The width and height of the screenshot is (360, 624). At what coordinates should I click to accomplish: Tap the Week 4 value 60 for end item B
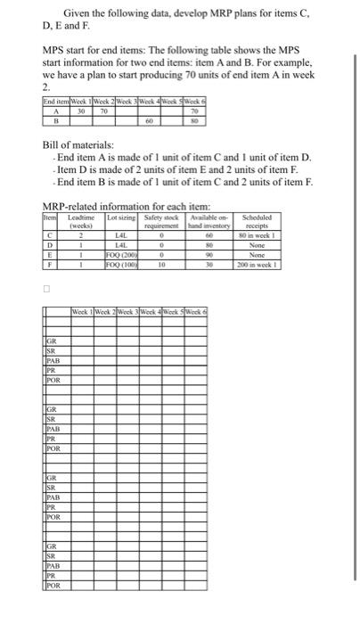pos(150,119)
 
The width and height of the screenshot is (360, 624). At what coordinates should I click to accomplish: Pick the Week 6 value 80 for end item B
pos(194,119)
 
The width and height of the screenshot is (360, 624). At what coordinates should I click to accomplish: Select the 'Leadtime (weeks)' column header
pos(80,221)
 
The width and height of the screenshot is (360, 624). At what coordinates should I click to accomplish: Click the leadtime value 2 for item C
pos(80,235)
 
